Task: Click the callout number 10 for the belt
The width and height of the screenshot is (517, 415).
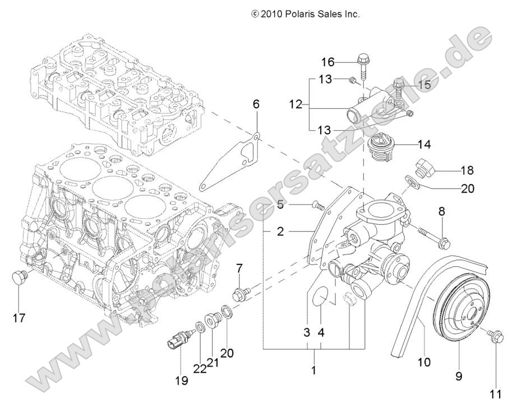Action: (x=424, y=362)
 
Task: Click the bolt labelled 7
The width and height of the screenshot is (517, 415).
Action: (x=243, y=292)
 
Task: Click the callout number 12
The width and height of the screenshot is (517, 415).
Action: (x=296, y=104)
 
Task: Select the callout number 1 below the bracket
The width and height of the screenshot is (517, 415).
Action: (x=314, y=370)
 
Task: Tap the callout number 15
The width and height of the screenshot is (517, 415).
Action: (x=424, y=85)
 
